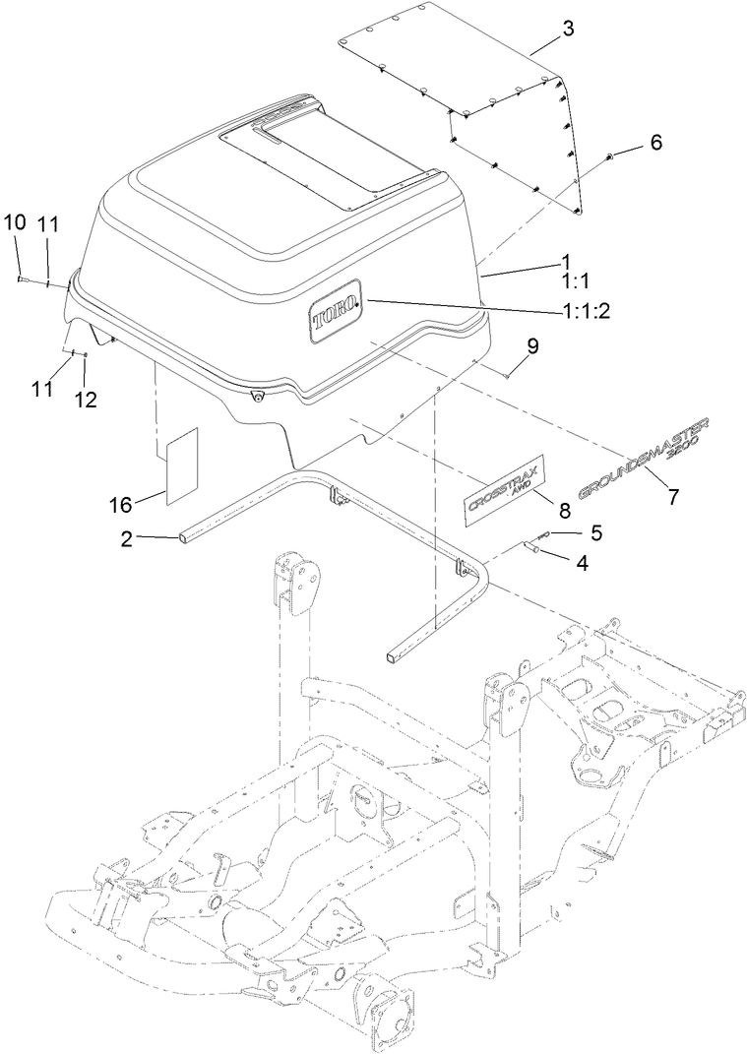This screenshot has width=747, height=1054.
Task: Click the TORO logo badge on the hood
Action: [336, 318]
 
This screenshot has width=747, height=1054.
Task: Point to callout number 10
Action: [14, 223]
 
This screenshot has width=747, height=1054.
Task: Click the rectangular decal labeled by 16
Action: [182, 465]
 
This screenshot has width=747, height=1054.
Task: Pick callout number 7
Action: [673, 497]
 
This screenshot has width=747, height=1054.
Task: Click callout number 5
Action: [594, 532]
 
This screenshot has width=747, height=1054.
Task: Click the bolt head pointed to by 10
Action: [20, 280]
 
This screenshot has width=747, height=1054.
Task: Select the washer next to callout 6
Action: [611, 157]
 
